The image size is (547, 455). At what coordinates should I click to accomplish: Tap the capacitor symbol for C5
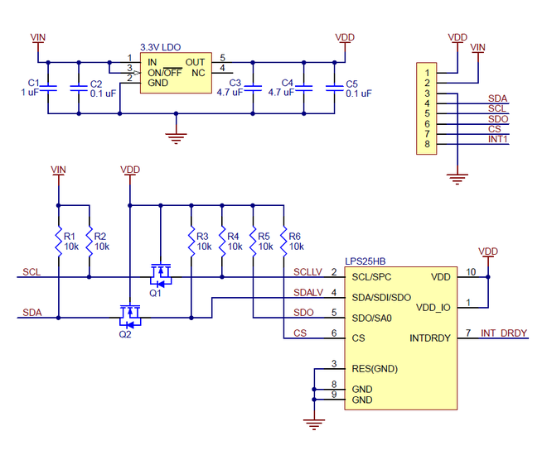point(334,87)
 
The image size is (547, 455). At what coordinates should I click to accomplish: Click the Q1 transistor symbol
point(159,272)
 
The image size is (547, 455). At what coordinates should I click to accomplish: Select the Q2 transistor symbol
point(128,314)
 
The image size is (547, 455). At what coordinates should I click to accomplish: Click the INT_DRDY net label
point(504,333)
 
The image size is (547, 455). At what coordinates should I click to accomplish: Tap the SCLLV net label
point(307,272)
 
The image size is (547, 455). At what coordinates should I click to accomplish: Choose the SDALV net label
point(307,293)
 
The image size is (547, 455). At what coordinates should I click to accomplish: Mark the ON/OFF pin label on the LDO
point(165,73)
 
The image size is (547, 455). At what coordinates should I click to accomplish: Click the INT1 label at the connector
point(498,139)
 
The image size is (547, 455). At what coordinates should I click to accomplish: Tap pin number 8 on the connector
point(426,144)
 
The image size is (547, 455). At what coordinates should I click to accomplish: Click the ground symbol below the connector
point(454,176)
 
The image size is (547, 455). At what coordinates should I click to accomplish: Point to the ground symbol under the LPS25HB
point(313,424)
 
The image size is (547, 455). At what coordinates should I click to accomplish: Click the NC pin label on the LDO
point(198,73)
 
